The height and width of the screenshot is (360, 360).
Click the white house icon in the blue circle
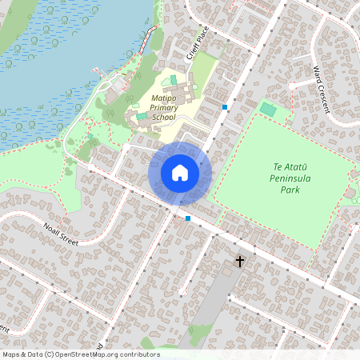pyautogui.click(x=180, y=173)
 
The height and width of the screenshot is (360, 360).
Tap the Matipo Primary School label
pyautogui.click(x=162, y=107)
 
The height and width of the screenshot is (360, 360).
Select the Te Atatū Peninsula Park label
pyautogui.click(x=290, y=178)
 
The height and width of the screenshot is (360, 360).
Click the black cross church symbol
pyautogui.click(x=238, y=262)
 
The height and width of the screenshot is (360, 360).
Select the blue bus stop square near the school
pyautogui.click(x=225, y=106)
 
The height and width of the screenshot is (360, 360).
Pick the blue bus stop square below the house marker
pyautogui.click(x=188, y=218)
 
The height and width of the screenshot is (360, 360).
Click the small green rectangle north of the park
pyautogui.click(x=268, y=108)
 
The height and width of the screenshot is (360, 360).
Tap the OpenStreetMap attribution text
pyautogui.click(x=80, y=354)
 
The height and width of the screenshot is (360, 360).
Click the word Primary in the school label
pyautogui.click(x=163, y=107)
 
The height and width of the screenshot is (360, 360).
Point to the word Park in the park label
pyautogui.click(x=290, y=190)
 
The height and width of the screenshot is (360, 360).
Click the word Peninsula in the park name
pyautogui.click(x=290, y=178)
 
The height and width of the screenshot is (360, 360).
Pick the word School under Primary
pyautogui.click(x=163, y=117)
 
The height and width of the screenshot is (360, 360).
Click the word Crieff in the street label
pyautogui.click(x=192, y=50)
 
